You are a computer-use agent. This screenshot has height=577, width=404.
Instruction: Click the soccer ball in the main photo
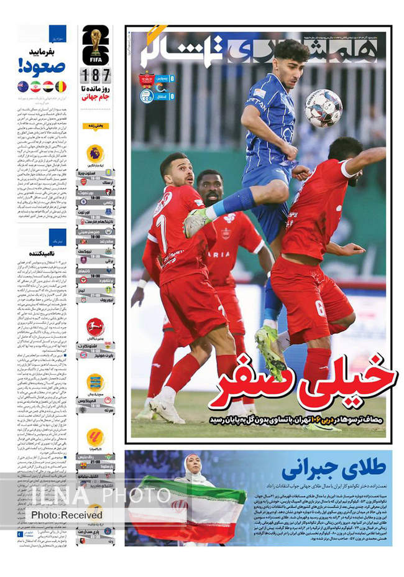pyautogui.click(x=323, y=108)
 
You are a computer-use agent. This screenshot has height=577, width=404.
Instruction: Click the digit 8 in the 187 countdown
pyautogui.click(x=95, y=76)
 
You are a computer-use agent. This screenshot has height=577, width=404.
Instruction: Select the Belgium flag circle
pyautogui.click(x=61, y=86)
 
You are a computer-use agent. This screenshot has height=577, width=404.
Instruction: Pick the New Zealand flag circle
pyautogui.click(x=23, y=86)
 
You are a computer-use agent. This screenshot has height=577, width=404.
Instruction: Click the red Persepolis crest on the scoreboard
pyautogui.click(x=147, y=79)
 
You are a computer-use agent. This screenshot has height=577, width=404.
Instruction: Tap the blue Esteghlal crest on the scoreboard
pyautogui.click(x=147, y=96)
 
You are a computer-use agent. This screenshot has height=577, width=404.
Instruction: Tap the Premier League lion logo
pyautogui.click(x=95, y=153)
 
